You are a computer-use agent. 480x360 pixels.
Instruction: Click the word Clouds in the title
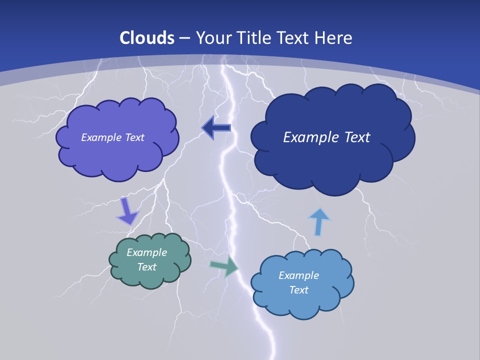(147, 38)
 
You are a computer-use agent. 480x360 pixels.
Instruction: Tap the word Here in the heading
(334, 38)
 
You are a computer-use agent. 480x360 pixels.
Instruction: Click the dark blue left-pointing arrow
(216, 128)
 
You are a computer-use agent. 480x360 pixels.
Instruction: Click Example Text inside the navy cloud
(326, 137)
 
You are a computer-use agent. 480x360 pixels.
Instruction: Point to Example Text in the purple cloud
(112, 137)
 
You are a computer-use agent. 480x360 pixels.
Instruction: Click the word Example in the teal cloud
(146, 252)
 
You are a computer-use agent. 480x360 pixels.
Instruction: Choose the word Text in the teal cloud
(146, 267)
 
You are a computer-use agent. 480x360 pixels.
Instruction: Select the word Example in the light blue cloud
(298, 275)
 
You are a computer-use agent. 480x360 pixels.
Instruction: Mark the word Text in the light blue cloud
(298, 290)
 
